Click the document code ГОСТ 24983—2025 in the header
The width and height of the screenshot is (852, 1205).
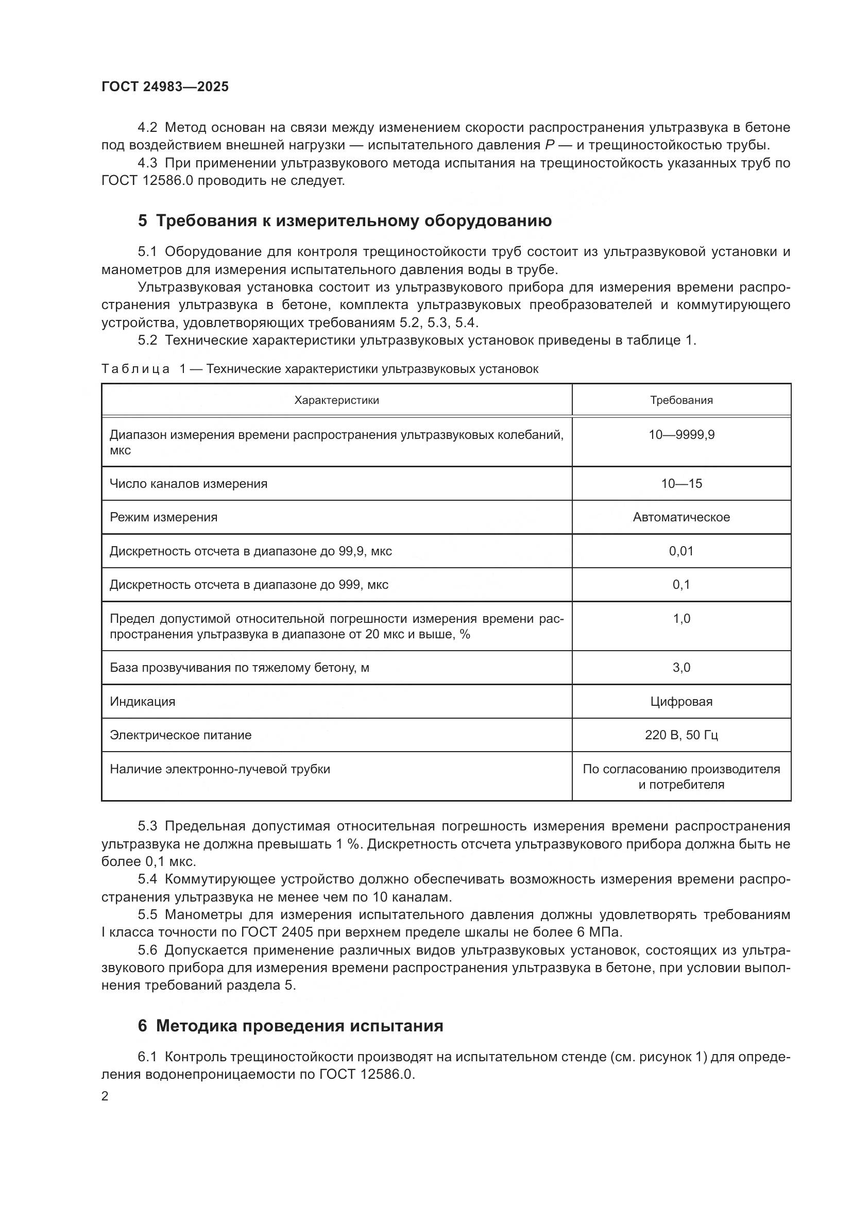tap(165, 87)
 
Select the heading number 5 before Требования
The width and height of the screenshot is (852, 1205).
tap(142, 221)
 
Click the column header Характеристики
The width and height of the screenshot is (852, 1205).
tap(336, 400)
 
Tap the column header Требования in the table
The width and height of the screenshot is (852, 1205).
tap(681, 400)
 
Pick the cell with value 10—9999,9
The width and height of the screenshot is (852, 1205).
tap(681, 435)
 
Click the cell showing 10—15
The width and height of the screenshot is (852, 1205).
tap(681, 483)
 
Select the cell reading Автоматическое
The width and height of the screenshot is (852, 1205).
tap(681, 517)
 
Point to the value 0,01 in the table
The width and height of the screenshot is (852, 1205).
tap(681, 551)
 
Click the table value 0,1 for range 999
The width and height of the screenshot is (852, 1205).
tap(681, 585)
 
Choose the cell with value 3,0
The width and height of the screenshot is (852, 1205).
tap(681, 668)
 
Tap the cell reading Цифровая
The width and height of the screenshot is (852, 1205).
tap(681, 702)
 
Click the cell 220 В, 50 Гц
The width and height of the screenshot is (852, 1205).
tap(681, 735)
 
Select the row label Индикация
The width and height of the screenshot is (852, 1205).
tap(142, 702)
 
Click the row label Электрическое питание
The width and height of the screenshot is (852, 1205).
tap(180, 735)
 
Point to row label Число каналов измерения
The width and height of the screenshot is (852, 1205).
tap(189, 483)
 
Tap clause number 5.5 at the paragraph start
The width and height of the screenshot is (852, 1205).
tap(147, 914)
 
